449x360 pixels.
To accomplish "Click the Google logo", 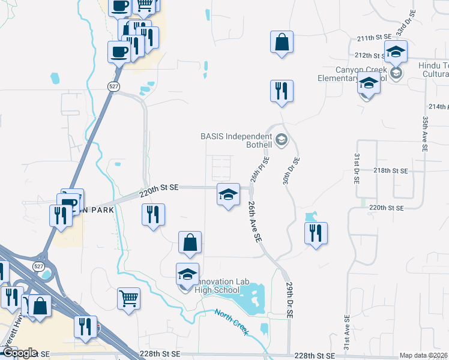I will pos(19,353).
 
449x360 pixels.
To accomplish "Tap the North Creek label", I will pos(232,322).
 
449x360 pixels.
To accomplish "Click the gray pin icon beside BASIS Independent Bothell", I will pos(282,142).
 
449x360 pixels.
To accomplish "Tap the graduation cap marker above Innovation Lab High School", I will pos(187,274).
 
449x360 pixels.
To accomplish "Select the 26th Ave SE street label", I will pos(255,221).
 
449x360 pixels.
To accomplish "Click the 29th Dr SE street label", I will pos(289,296).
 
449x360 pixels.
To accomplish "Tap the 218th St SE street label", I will pos(390,170).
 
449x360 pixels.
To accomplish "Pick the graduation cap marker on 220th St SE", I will pos(228,194).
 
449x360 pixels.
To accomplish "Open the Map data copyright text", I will pos(423,355).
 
